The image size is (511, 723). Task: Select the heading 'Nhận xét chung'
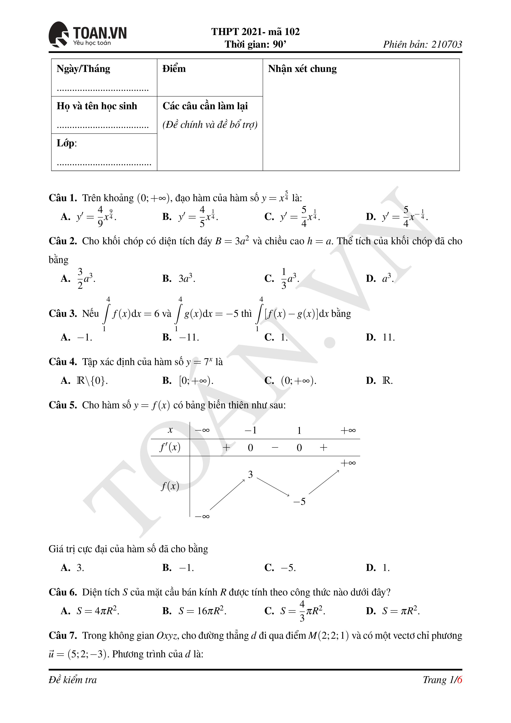[x=302, y=69]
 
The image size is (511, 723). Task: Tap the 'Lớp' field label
[x=66, y=143]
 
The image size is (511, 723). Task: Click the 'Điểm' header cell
[x=174, y=69]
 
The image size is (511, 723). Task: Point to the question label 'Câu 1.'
[x=63, y=198]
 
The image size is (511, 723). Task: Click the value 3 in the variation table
[x=250, y=475]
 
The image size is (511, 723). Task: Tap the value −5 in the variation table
[x=299, y=501]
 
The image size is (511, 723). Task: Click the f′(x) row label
[x=170, y=447]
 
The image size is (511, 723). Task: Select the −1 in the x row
[x=250, y=430]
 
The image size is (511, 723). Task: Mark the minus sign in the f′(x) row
[x=275, y=447]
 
